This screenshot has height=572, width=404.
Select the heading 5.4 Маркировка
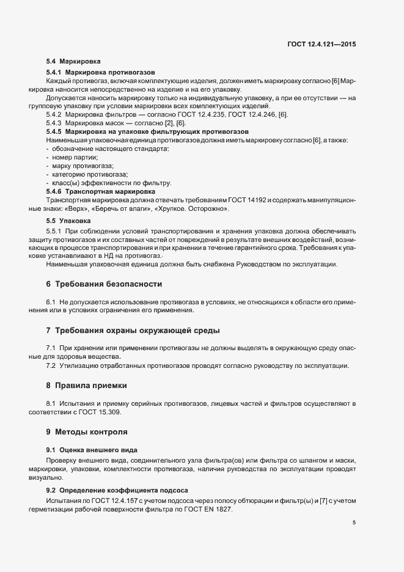point(73,62)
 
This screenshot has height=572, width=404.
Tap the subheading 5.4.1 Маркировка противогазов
point(101,73)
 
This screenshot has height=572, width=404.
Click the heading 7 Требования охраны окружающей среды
point(133,331)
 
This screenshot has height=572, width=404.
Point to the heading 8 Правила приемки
point(87,386)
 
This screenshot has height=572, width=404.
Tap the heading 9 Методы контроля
point(87,432)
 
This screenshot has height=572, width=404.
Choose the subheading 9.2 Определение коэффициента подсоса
point(117,491)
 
